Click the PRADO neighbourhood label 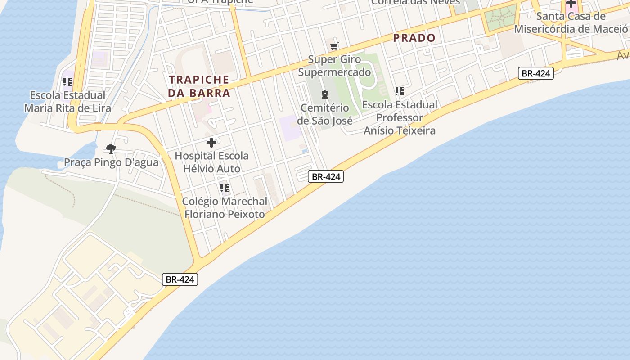tap(414, 38)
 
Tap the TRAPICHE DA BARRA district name tap(199, 86)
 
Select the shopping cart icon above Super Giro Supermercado tap(334, 46)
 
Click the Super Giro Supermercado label tap(335, 66)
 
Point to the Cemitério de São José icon tap(324, 94)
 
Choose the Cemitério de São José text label tap(324, 114)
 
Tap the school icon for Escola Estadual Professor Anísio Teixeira tap(399, 91)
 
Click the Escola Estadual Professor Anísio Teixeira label tap(400, 117)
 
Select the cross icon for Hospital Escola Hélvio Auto tap(211, 143)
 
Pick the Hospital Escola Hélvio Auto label tap(211, 162)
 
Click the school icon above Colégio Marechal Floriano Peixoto tap(224, 188)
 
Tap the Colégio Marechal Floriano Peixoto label tap(225, 207)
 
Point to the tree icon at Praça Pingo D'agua tap(111, 149)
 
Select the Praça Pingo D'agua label tap(111, 162)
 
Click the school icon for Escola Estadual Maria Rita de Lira tap(67, 82)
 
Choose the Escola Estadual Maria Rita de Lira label tap(67, 102)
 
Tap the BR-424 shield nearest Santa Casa tap(535, 73)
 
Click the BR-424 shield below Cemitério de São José tap(326, 177)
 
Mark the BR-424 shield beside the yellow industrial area tap(180, 279)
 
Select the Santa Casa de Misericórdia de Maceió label tap(571, 22)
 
